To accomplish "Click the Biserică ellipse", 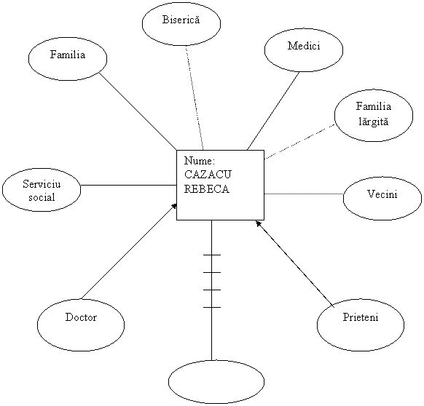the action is [x=181, y=23].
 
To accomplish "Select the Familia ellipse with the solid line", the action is [x=68, y=59].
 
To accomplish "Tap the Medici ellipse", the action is [x=304, y=50].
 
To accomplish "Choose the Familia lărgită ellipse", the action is [x=374, y=116].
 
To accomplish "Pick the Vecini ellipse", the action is [x=382, y=199].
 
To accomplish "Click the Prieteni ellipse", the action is [x=361, y=325].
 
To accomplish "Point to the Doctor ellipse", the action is [x=81, y=325].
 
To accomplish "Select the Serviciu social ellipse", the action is [x=42, y=190].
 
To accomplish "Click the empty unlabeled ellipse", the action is [x=216, y=382].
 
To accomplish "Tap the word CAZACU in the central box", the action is [x=208, y=175].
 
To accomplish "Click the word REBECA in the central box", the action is [x=207, y=189].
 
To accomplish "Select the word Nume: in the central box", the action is [x=200, y=161].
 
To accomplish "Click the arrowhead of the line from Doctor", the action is [x=174, y=206].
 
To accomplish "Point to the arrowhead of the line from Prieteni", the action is [x=259, y=223].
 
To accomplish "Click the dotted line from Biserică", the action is [x=195, y=97].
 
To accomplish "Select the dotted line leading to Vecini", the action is [x=304, y=194].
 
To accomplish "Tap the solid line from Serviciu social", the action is [x=129, y=186].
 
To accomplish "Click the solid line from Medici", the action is [x=273, y=111].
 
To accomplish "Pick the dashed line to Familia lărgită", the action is [x=299, y=142].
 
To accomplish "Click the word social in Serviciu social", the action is [x=42, y=197].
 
